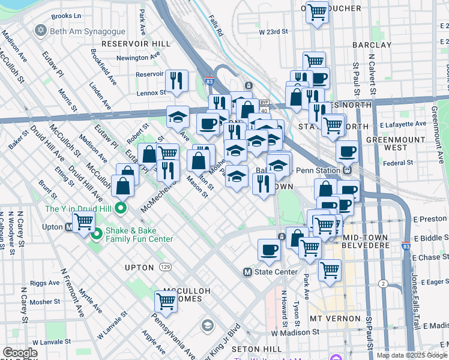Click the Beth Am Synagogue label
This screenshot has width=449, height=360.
tap(88, 31)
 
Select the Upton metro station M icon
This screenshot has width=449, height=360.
tap(68, 227)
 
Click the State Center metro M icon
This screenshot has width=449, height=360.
tap(247, 272)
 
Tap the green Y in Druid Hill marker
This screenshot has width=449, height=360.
tap(121, 209)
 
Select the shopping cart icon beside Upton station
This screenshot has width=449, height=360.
tap(84, 222)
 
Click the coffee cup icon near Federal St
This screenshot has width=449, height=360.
tap(348, 152)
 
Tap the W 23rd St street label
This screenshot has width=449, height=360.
tap(274, 31)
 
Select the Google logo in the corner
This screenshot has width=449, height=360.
tap(20, 353)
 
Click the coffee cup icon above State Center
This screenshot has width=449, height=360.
tap(269, 249)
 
